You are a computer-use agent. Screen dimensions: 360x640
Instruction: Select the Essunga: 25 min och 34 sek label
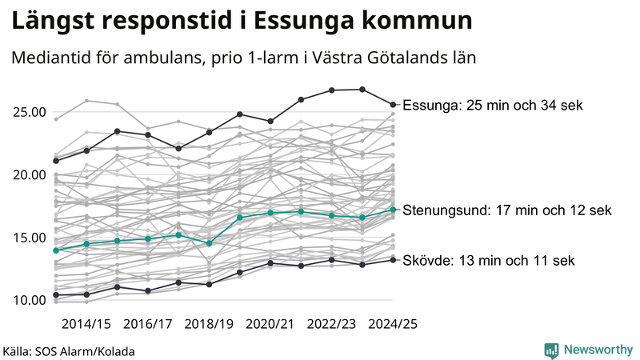(x=493, y=106)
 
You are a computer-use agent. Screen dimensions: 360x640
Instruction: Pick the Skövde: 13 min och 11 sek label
(x=487, y=261)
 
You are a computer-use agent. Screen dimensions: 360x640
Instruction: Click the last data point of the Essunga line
(x=393, y=104)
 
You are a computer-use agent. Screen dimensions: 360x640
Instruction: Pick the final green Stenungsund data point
(x=393, y=210)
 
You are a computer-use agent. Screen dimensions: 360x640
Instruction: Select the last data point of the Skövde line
(x=393, y=259)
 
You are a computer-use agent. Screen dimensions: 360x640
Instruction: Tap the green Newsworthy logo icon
(x=551, y=350)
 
